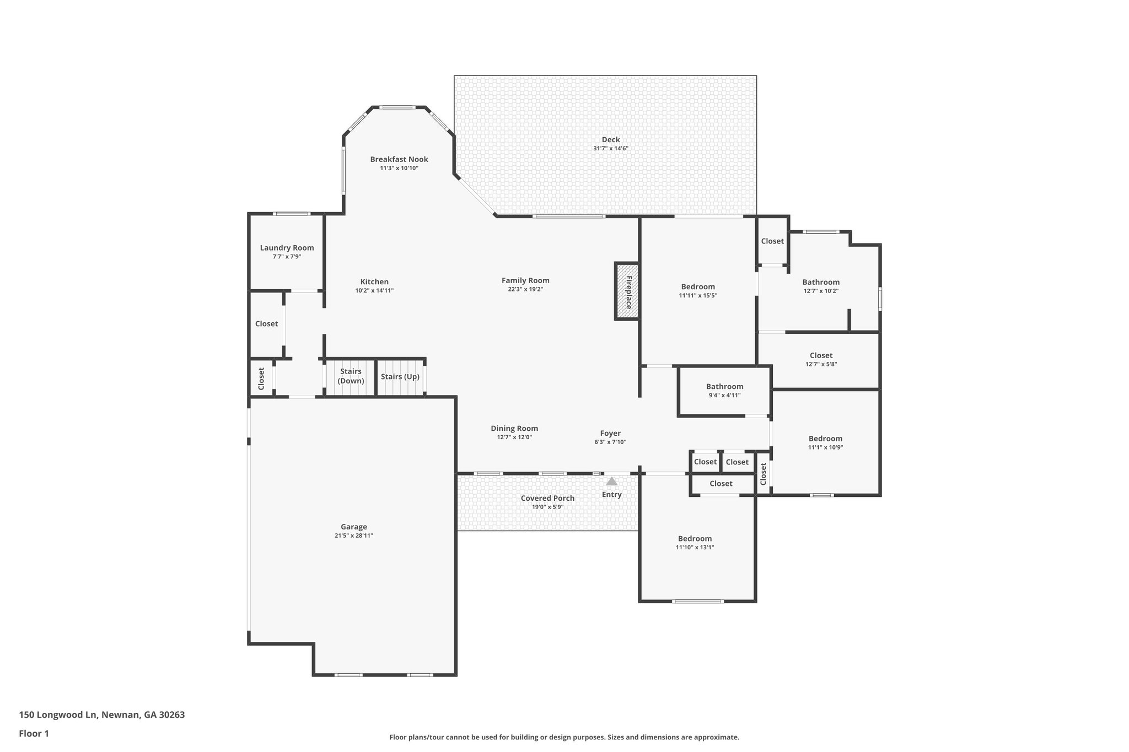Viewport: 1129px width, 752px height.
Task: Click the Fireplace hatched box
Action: [x=627, y=291]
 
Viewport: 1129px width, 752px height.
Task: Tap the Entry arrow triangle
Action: [x=611, y=482]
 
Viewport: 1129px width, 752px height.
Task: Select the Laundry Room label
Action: [x=287, y=248]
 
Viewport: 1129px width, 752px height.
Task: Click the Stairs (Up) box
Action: [x=400, y=377]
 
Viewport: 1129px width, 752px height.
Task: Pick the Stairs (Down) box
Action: [x=351, y=377]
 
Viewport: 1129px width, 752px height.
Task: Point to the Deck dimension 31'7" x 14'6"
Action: [x=610, y=149]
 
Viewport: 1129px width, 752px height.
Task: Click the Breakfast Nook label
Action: [x=399, y=159]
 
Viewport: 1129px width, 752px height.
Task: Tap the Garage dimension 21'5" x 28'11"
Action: [x=353, y=535]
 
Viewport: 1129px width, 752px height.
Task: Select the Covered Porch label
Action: [x=547, y=498]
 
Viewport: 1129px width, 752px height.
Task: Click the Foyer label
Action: [x=610, y=434]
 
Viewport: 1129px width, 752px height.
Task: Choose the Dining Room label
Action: [x=514, y=429]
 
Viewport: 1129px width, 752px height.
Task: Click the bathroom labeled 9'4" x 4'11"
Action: [x=724, y=391]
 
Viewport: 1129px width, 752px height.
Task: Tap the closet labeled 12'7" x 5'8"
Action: [x=821, y=359]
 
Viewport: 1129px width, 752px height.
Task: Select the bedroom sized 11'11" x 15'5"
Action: [x=697, y=290]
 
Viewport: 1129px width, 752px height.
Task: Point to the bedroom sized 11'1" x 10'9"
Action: [x=825, y=442]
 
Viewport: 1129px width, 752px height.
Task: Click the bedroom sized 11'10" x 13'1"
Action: [x=695, y=543]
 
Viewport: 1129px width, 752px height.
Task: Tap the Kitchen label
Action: [x=374, y=282]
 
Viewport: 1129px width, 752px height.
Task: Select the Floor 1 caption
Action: [x=34, y=733]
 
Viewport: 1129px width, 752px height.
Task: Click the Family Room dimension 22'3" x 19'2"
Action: [x=525, y=289]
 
